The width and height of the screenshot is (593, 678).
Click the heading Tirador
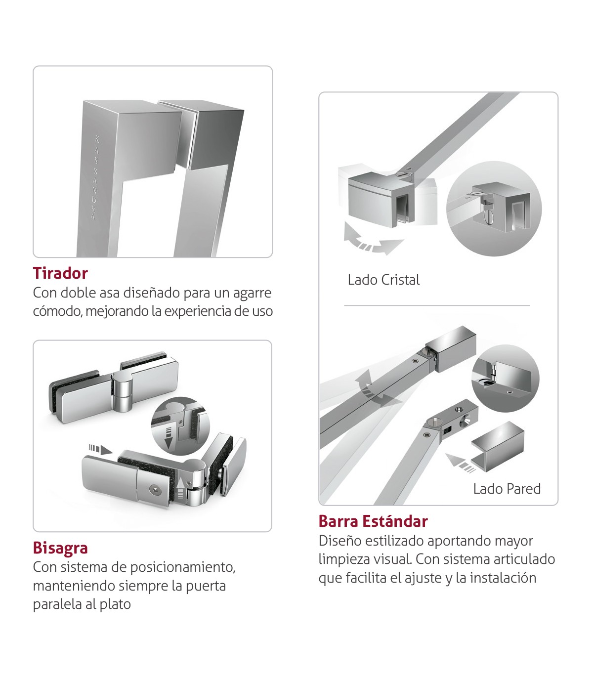[60, 273]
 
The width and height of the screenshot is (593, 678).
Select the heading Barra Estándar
[373, 521]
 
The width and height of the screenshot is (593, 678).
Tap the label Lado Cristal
[383, 280]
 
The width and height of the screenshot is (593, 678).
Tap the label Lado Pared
[507, 489]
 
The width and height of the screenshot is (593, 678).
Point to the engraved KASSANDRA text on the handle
[95, 178]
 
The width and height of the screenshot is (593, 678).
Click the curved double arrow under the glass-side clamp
[373, 239]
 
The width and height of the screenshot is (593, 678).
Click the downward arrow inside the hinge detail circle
[169, 438]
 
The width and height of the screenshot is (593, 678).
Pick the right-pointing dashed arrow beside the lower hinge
[101, 449]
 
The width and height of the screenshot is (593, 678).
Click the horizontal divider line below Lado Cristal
[437, 305]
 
